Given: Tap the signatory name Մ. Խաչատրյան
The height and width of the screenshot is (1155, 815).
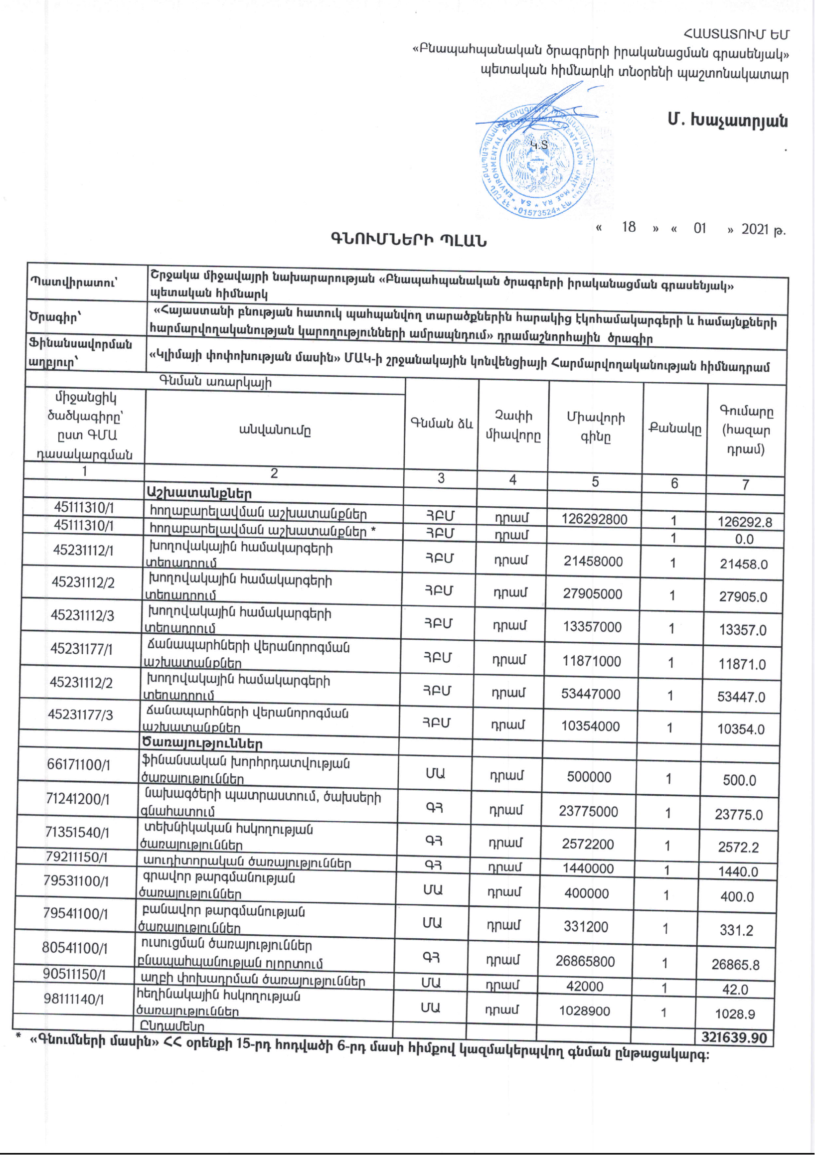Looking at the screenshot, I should tap(727, 121).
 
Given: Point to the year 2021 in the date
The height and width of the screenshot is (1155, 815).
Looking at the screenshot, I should tap(755, 229).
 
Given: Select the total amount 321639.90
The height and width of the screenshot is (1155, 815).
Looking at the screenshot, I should tap(734, 1037).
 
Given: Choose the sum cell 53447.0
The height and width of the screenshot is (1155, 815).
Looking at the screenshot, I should tap(741, 697).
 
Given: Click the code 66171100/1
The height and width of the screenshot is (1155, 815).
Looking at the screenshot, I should tap(78, 765).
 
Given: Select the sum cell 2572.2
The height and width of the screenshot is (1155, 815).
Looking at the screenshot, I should tap(738, 847).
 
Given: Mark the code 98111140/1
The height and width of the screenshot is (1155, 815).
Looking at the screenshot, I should tap(73, 999).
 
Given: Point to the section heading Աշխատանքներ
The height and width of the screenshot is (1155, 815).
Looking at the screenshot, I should tap(199, 492).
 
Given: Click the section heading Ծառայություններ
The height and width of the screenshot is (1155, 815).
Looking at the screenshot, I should tap(202, 743).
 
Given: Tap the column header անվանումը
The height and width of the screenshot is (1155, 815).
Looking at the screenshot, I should tap(275, 430).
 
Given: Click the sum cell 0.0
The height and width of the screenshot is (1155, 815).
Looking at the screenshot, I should tap(744, 539).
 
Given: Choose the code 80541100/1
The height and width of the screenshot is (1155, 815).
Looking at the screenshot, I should tap(74, 948).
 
